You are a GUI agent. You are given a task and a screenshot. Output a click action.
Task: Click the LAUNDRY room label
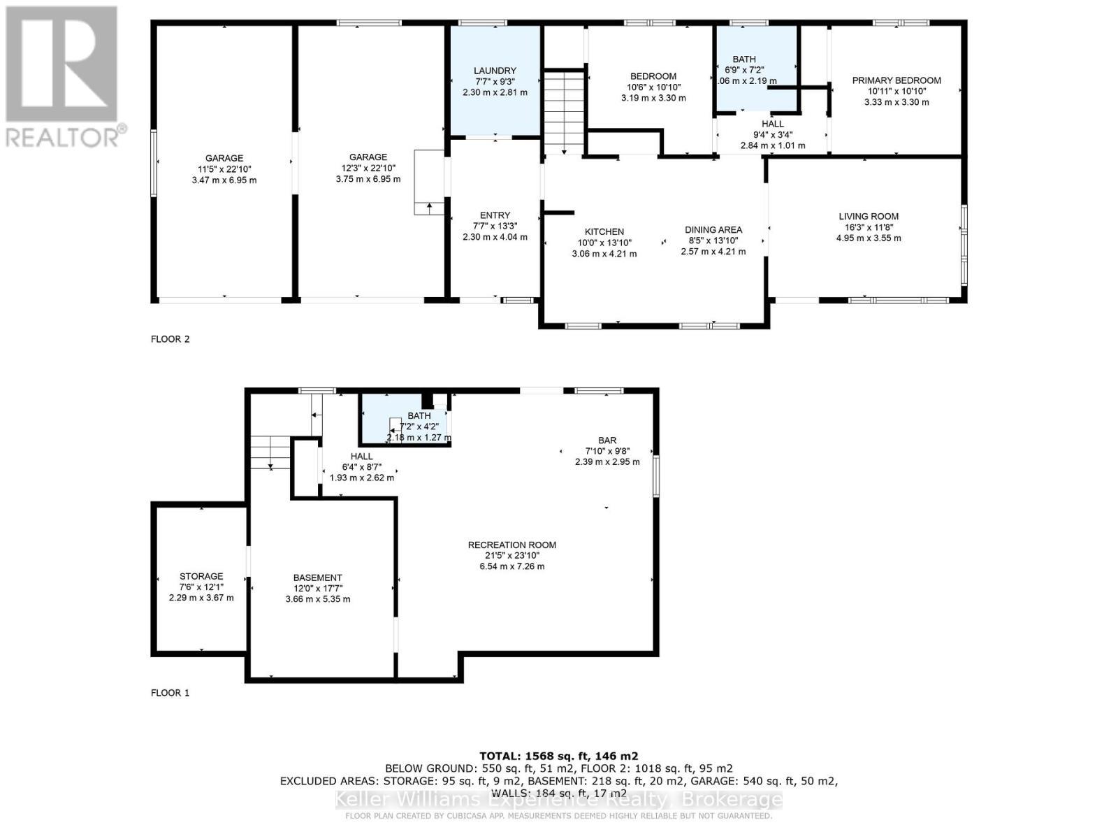(495, 71)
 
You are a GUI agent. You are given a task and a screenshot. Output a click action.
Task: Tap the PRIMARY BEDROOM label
(896, 80)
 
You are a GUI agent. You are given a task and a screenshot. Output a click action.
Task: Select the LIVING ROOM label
(869, 217)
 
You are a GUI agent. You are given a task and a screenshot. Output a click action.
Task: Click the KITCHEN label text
(604, 232)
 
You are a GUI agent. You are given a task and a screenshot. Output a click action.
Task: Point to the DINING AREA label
(713, 230)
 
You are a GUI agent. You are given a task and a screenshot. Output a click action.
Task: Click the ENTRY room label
(495, 215)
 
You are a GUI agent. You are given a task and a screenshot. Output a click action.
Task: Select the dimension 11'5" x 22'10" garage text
(224, 169)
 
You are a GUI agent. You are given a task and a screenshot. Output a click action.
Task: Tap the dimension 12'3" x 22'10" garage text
(368, 168)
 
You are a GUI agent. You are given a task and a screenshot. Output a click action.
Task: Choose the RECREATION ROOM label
(512, 545)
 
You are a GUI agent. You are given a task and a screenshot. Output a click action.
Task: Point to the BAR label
(607, 440)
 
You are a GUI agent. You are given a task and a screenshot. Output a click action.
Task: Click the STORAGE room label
(201, 577)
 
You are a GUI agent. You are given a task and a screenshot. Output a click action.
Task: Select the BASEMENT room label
(318, 578)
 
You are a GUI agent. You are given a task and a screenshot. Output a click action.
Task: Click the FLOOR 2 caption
(170, 339)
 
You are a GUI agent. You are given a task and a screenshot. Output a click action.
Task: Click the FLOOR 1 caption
(170, 693)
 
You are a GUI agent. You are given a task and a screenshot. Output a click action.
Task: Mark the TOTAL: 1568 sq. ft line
(558, 756)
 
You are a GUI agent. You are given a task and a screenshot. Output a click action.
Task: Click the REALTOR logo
(63, 77)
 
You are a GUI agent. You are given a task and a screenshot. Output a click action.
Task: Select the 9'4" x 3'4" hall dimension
(773, 135)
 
